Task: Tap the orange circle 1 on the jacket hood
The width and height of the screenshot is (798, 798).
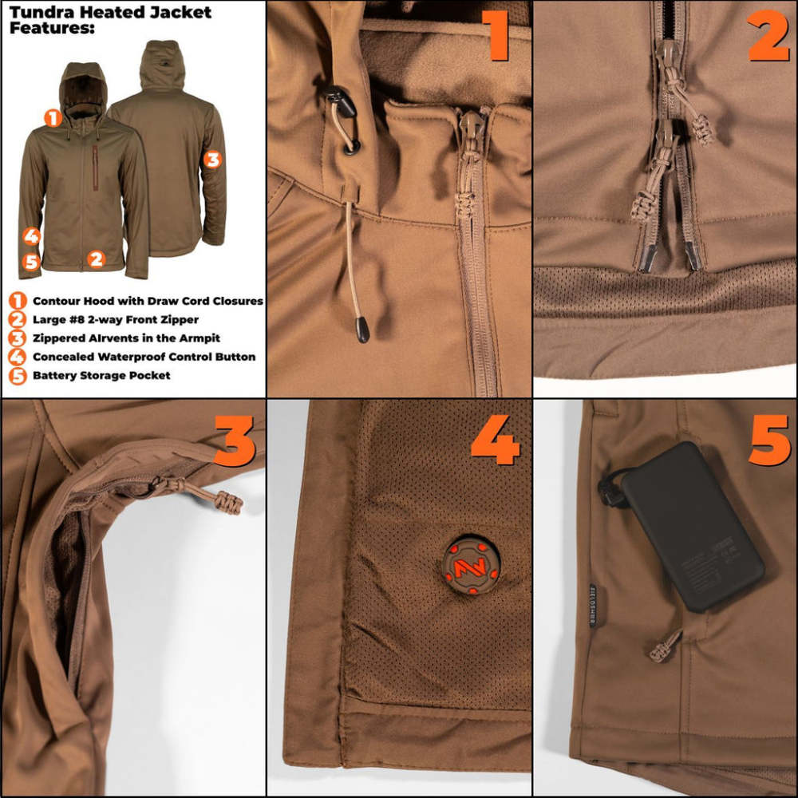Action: point(53,118)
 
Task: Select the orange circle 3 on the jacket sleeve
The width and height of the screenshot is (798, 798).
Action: point(211,159)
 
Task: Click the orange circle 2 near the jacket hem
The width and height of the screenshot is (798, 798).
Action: point(96,259)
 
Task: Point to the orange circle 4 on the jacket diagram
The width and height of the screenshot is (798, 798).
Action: point(31,236)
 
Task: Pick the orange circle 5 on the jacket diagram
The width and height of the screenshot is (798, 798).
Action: point(31,261)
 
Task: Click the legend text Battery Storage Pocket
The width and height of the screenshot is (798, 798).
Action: point(101,375)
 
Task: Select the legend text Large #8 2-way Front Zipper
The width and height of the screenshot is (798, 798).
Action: point(116,320)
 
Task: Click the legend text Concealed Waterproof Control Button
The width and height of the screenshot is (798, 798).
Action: point(144,357)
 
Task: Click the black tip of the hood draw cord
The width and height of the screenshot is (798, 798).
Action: point(362,330)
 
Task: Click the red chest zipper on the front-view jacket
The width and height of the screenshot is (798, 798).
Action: point(95,167)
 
